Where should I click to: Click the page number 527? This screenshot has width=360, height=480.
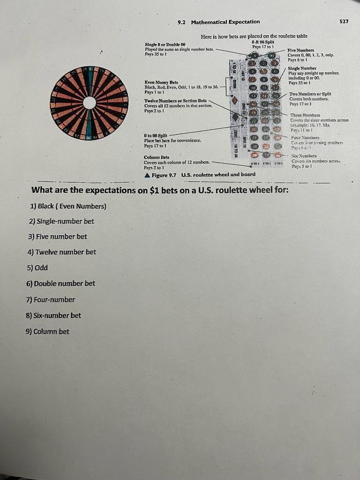(x=344, y=22)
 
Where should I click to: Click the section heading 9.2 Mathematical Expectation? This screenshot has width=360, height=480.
(x=219, y=22)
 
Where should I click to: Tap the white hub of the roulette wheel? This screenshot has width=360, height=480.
(x=90, y=103)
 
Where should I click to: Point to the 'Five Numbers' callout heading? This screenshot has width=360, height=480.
(x=301, y=50)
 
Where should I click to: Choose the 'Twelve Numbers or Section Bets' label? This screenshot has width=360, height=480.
(x=175, y=101)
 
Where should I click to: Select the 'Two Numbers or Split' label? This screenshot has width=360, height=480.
(x=307, y=94)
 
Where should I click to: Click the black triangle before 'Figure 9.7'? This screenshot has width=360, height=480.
(x=148, y=174)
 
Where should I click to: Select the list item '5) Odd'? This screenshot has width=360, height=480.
(x=37, y=268)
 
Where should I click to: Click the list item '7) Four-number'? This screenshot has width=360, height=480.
(x=51, y=300)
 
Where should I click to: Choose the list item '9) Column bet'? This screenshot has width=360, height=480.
(x=48, y=331)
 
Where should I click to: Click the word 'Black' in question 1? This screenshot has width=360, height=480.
(x=46, y=206)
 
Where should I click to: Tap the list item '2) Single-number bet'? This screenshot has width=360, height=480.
(x=61, y=221)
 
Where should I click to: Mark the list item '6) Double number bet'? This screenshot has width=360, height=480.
(x=61, y=283)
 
